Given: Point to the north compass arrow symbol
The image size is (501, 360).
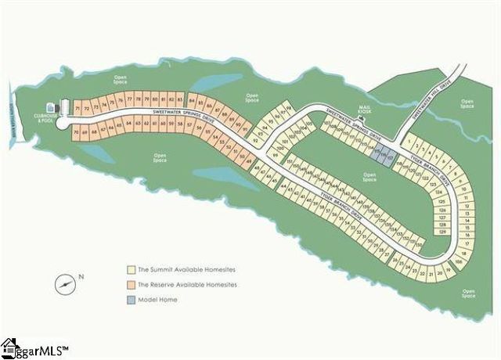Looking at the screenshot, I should (66, 283).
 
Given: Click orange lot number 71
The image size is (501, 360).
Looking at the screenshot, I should (77, 107).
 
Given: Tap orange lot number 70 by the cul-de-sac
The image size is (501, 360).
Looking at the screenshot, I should (76, 134).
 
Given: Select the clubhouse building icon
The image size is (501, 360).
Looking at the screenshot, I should (52, 107).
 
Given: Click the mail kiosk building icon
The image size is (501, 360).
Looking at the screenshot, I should (362, 118).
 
